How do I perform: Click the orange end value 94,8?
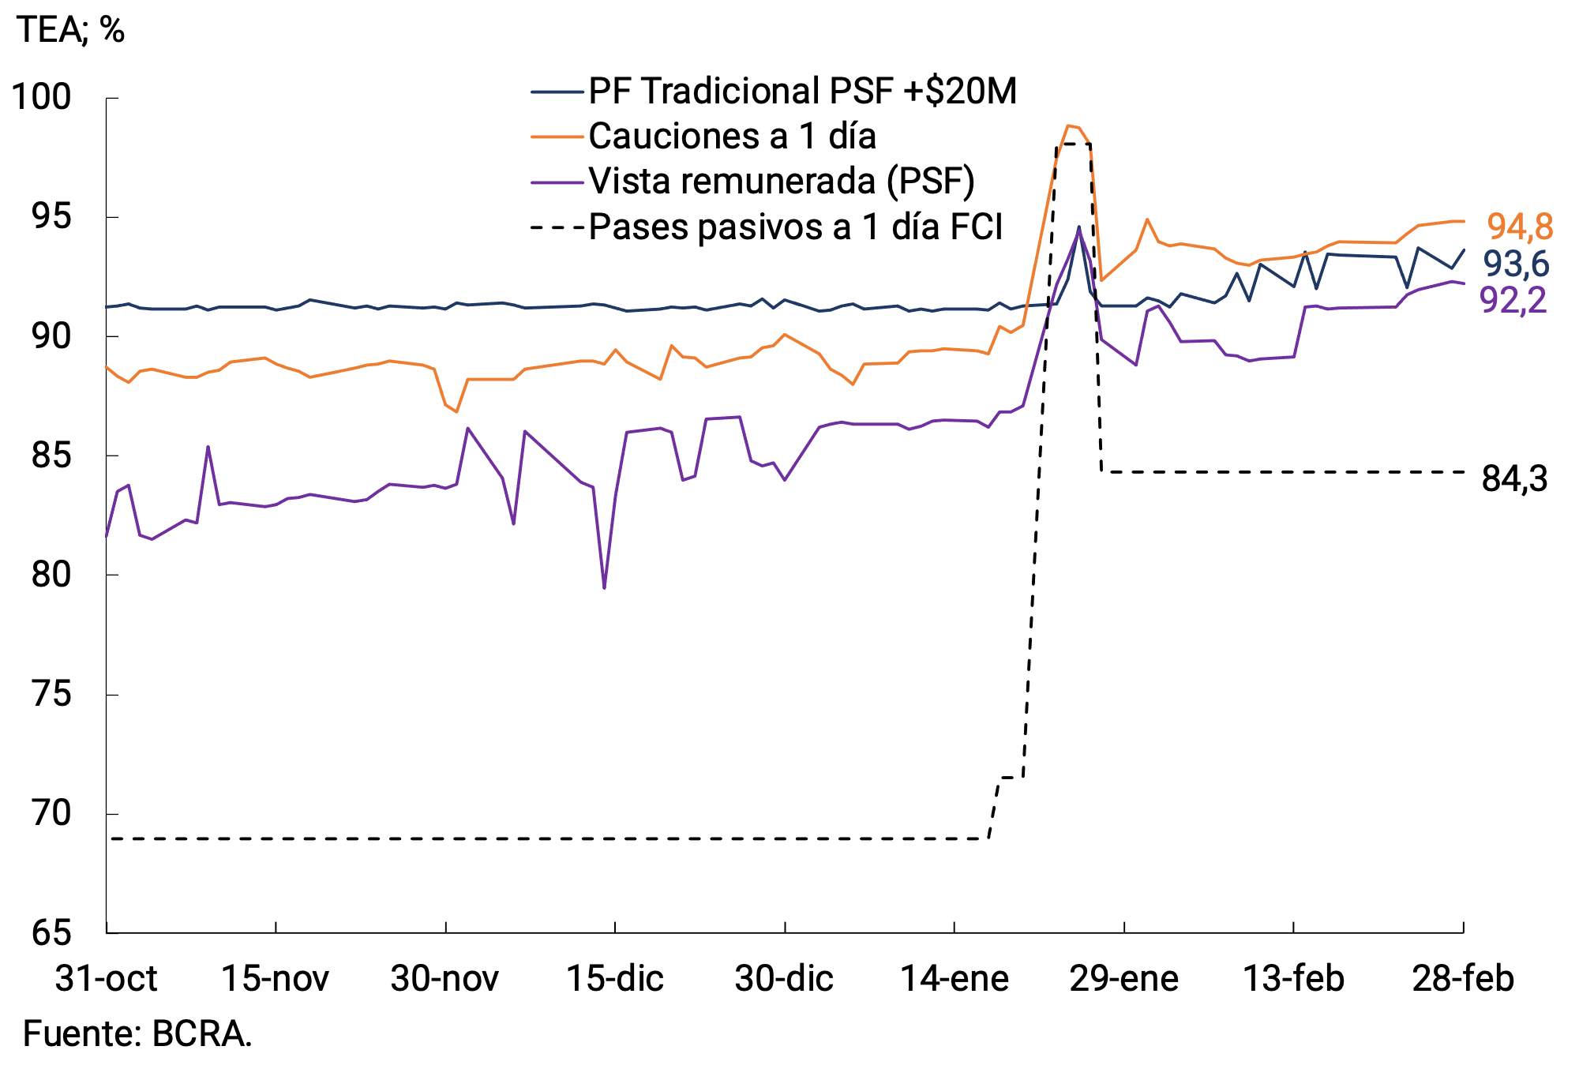1519,227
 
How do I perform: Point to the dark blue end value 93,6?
1516,264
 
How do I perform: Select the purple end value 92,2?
1513,300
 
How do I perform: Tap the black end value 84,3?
1514,478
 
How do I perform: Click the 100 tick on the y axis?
42,97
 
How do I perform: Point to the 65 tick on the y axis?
51,932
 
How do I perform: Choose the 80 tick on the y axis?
51,575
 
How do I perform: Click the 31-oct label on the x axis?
106,979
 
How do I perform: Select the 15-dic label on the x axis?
615,979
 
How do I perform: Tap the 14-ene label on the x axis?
955,979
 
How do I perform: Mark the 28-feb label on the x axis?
1463,979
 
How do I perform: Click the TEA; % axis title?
70,30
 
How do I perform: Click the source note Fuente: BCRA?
137,1033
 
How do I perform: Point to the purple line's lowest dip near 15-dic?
604,587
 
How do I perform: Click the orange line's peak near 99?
1068,126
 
